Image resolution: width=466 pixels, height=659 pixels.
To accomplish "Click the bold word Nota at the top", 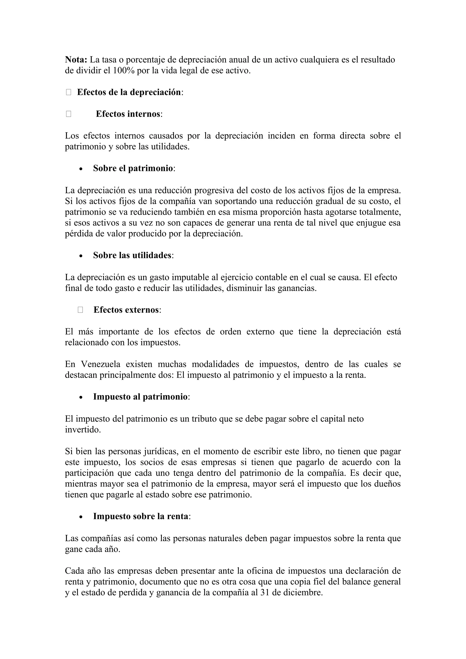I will tap(76, 60).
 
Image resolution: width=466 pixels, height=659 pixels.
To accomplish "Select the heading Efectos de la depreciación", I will tap(129, 92).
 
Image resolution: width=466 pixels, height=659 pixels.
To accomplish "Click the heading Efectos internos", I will tap(128, 114).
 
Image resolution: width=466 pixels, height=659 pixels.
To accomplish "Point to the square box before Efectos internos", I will tap(68, 114).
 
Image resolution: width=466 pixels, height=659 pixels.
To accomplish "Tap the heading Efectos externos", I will tap(126, 310).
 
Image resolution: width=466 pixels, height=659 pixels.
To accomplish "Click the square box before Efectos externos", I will tap(80, 310).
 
